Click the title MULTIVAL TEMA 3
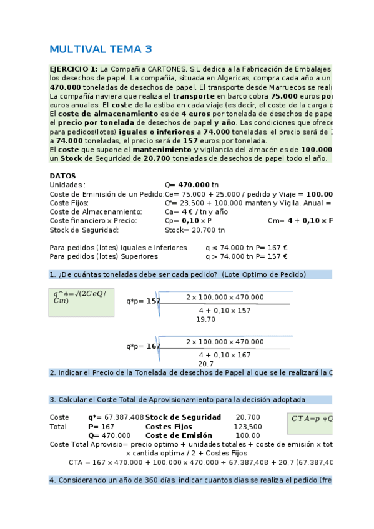pyautogui.click(x=101, y=49)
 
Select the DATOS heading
pyautogui.click(x=62, y=177)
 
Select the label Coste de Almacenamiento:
pyautogui.click(x=96, y=212)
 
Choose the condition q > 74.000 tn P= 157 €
pyautogui.click(x=247, y=256)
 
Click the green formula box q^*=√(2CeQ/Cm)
pyautogui.click(x=82, y=301)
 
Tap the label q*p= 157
pyautogui.click(x=144, y=301)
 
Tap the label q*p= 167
pyautogui.click(x=144, y=346)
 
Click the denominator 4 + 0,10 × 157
pyautogui.click(x=225, y=310)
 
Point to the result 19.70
pyautogui.click(x=205, y=319)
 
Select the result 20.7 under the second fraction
pyautogui.click(x=206, y=364)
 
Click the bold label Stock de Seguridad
pyautogui.click(x=183, y=417)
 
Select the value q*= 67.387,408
pyautogui.click(x=116, y=417)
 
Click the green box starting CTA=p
pyautogui.click(x=311, y=420)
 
